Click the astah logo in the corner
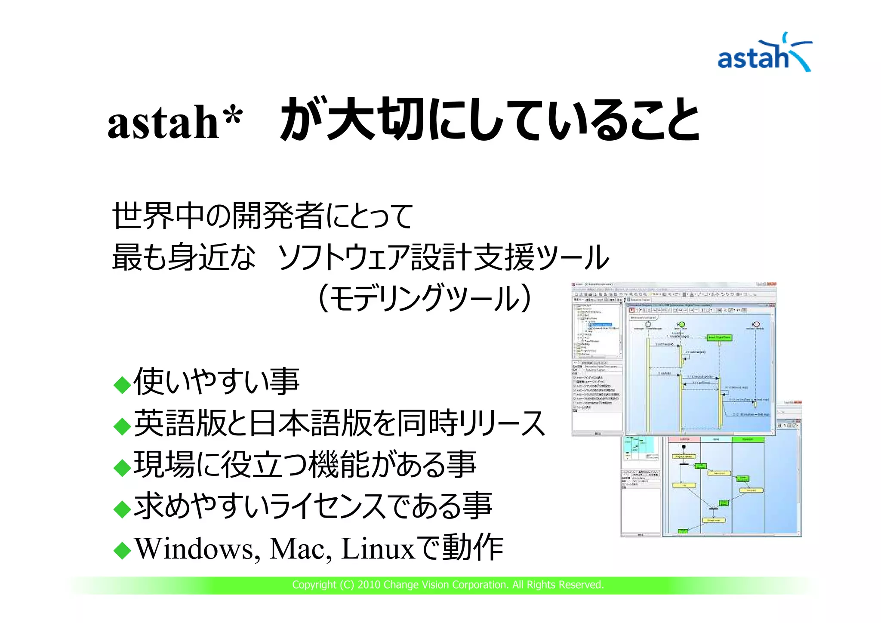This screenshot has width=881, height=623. (764, 54)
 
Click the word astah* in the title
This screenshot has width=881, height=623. (174, 123)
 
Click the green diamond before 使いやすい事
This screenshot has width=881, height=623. (122, 385)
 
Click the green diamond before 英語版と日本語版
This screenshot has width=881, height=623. (122, 426)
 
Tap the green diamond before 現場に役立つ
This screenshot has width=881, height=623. (122, 468)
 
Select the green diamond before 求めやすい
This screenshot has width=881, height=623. (122, 509)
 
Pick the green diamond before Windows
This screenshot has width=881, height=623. (122, 551)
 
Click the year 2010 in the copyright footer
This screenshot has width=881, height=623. (369, 585)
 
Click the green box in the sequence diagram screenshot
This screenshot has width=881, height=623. (719, 337)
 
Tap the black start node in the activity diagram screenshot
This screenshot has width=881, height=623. (684, 447)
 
